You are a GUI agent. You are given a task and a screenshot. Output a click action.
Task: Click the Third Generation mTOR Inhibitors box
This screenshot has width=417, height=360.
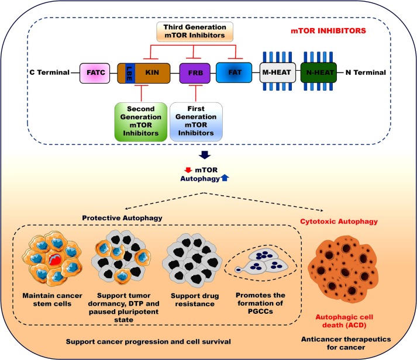tap(199, 32)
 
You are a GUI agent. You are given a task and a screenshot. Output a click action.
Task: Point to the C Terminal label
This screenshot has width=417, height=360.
tap(49, 73)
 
